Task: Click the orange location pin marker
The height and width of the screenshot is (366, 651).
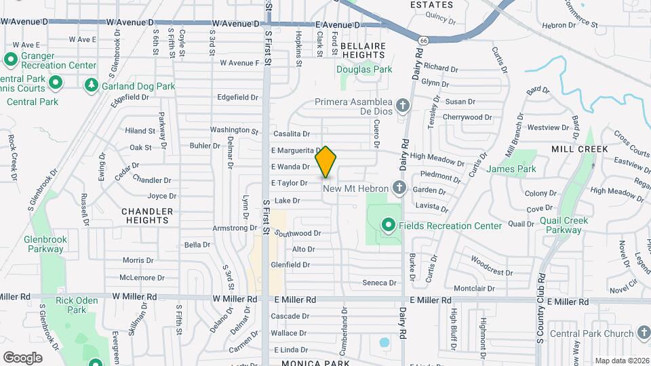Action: pyautogui.click(x=326, y=161)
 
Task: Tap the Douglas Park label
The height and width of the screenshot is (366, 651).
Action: pyautogui.click(x=364, y=69)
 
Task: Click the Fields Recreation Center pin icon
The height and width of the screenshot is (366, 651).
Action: pyautogui.click(x=388, y=225)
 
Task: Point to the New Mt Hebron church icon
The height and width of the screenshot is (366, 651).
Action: pyautogui.click(x=399, y=188)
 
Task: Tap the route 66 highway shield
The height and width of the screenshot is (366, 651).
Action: pyautogui.click(x=424, y=41)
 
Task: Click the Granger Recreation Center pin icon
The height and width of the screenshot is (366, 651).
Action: pyautogui.click(x=10, y=60)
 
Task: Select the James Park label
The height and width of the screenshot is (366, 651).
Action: pyautogui.click(x=511, y=169)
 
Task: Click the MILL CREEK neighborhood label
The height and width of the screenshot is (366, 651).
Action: pyautogui.click(x=574, y=149)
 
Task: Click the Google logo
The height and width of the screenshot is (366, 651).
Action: pyautogui.click(x=22, y=357)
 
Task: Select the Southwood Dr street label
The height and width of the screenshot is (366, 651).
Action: pyautogui.click(x=298, y=233)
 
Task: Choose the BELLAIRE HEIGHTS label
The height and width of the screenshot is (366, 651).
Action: pyautogui.click(x=363, y=49)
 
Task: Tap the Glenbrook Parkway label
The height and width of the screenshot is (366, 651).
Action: pyautogui.click(x=45, y=244)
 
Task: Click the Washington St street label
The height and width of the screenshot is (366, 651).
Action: pyautogui.click(x=234, y=129)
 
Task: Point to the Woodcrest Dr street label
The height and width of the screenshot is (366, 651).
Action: pyautogui.click(x=491, y=266)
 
